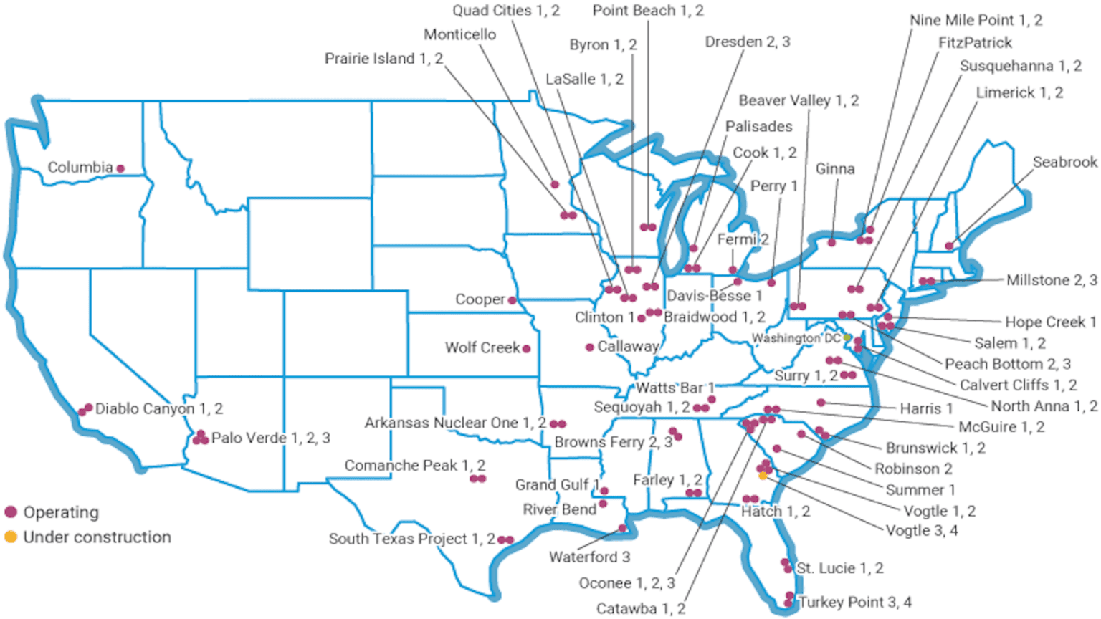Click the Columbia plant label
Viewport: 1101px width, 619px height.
(80, 168)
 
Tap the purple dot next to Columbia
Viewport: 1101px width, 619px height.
(120, 168)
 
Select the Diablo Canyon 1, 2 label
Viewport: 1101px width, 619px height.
(159, 409)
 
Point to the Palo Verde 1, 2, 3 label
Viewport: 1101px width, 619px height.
(271, 438)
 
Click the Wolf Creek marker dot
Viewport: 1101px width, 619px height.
(526, 349)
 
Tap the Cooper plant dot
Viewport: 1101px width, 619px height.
(512, 300)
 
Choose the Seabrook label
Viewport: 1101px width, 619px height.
(1064, 163)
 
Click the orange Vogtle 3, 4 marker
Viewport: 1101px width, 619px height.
(763, 476)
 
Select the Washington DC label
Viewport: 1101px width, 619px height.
(796, 338)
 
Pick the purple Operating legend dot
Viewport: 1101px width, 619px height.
(11, 512)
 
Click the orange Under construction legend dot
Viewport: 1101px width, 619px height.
(11, 537)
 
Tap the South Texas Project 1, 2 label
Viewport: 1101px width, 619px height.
(411, 539)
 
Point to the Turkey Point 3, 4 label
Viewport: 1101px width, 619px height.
(854, 603)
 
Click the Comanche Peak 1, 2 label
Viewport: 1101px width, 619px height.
(415, 466)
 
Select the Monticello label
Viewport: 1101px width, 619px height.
(459, 34)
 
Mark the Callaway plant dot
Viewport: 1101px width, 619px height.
(589, 347)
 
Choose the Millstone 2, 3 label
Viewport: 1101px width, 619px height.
(1052, 280)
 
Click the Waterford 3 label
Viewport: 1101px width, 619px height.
(589, 557)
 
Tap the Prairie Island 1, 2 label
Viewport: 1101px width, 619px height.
(383, 59)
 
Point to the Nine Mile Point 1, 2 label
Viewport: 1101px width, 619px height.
(976, 20)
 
